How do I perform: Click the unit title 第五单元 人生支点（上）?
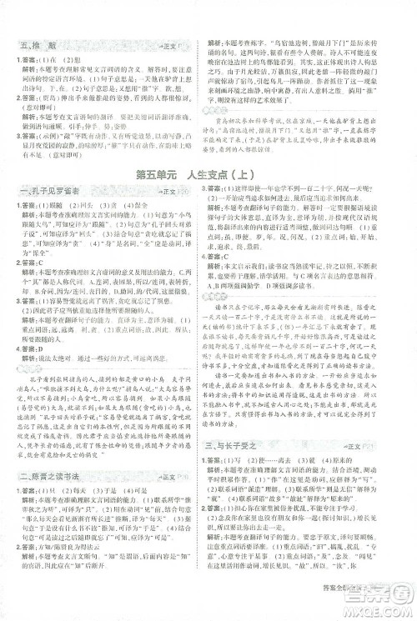(208, 198)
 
